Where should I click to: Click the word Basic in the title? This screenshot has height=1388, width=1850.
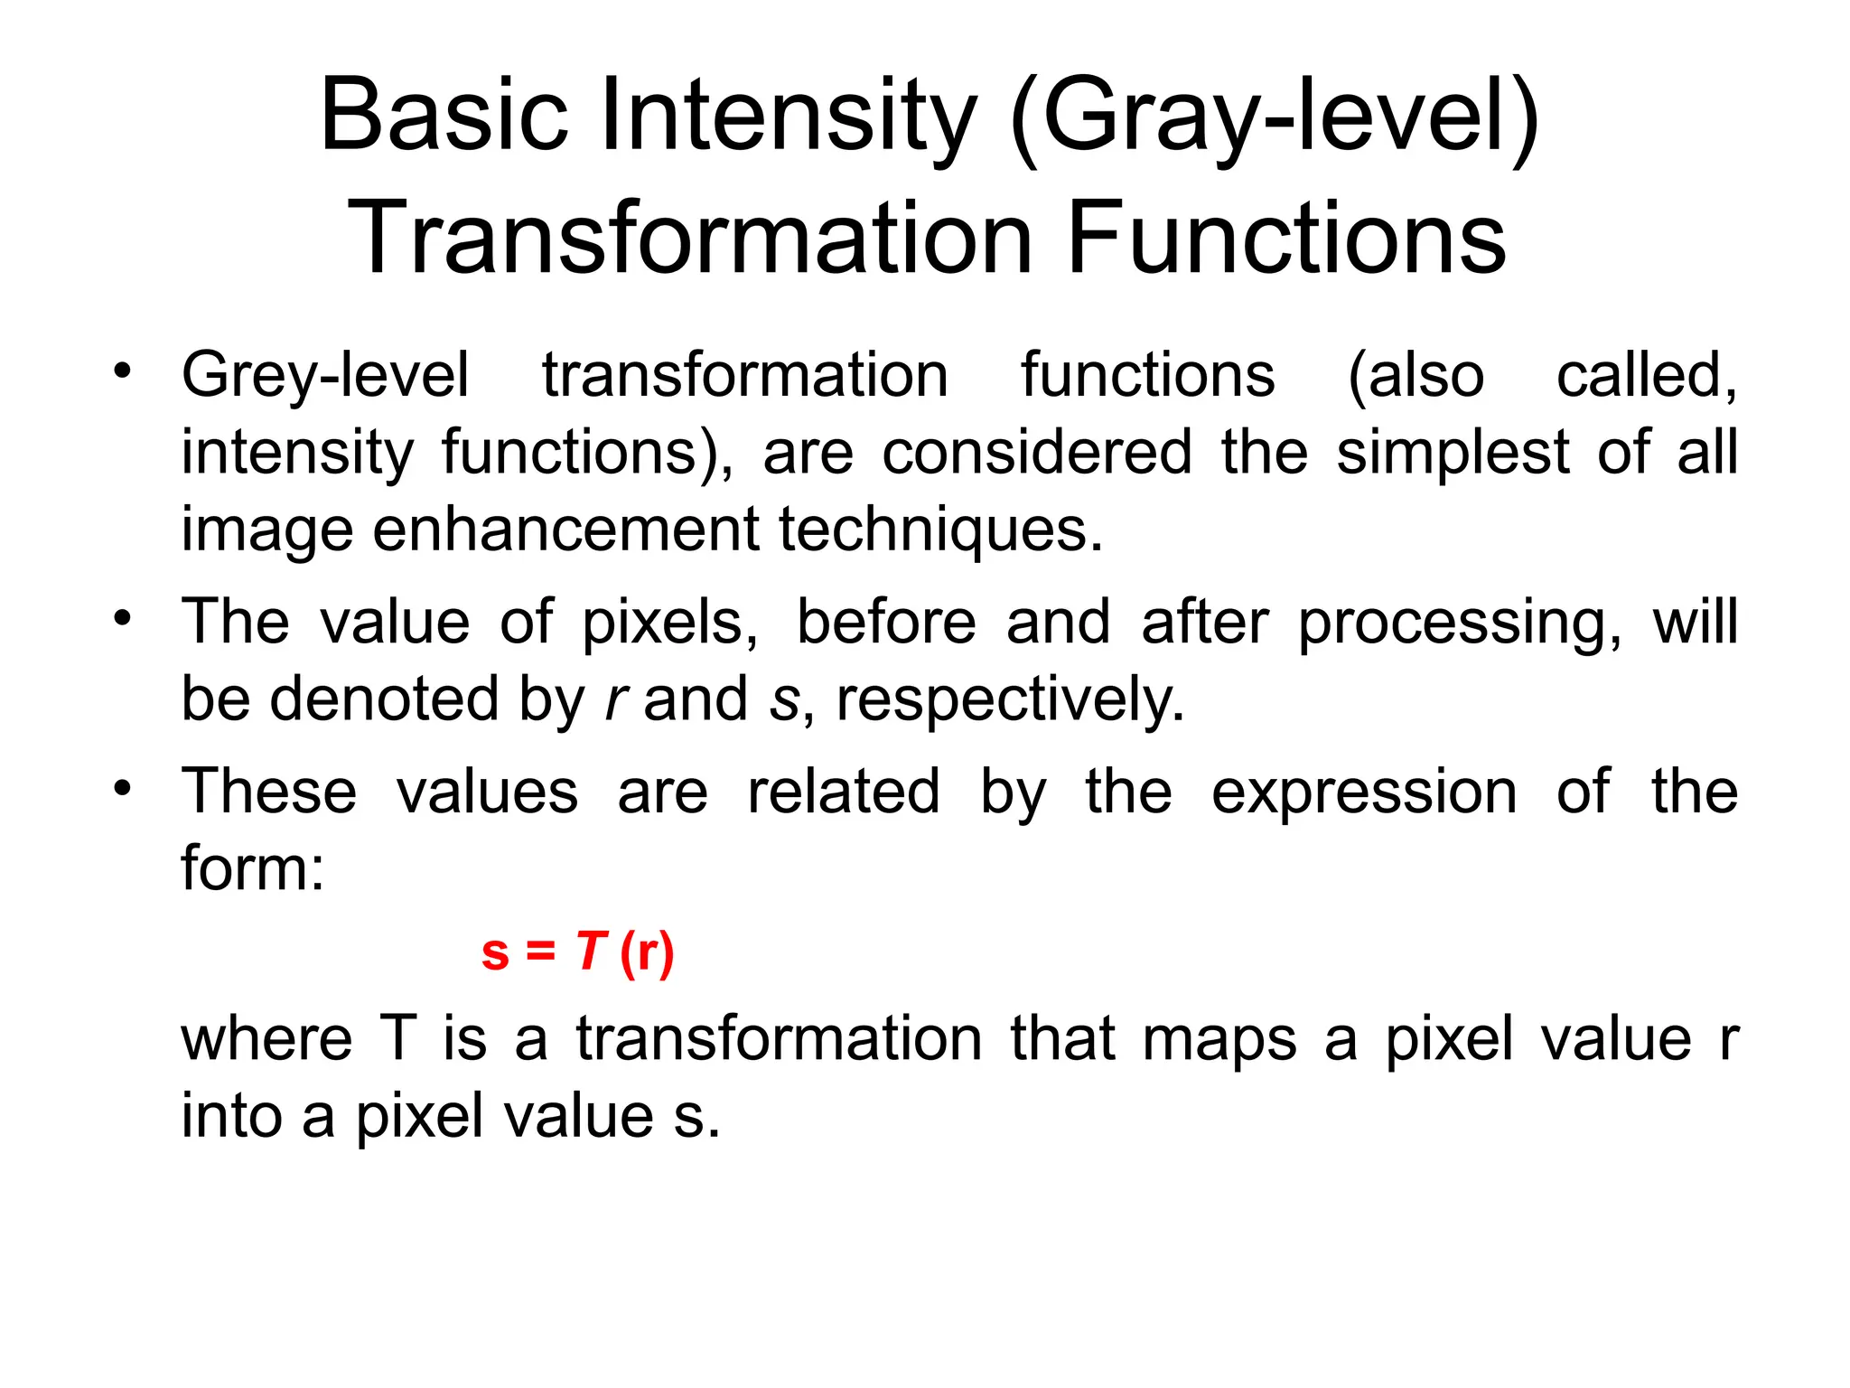[x=444, y=116]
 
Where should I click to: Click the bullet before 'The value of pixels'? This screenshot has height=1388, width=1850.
[x=123, y=619]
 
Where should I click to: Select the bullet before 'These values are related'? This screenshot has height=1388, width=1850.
[x=123, y=788]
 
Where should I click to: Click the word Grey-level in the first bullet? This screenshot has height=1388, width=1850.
[x=325, y=376]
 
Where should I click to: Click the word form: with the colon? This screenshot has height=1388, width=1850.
[x=252, y=867]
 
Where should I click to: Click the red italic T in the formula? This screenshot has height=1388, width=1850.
[x=591, y=952]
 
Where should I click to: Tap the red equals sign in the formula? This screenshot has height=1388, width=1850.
[x=540, y=952]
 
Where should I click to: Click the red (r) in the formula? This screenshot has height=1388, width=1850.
[x=647, y=952]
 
